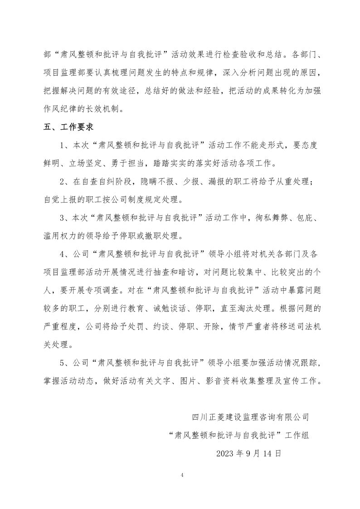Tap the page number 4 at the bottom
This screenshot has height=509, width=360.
click(x=181, y=475)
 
